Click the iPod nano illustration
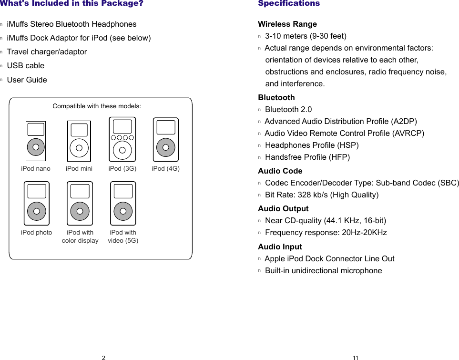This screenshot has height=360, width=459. coord(36,141)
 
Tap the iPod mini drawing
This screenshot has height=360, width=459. coord(79,141)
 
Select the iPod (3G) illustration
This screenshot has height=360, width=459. coord(122,139)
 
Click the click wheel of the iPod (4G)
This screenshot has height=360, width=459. coord(165,147)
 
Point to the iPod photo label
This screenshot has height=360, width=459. coord(37,233)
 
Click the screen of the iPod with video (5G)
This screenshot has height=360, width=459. coord(123,191)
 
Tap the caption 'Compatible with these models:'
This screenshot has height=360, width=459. coord(97,106)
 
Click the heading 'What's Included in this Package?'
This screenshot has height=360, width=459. coord(71,3)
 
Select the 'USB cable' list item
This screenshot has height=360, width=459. coord(26,66)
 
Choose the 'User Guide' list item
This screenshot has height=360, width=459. coord(27,80)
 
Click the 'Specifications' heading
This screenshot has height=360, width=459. coord(289,3)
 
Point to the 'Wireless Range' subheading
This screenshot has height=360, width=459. coord(287,24)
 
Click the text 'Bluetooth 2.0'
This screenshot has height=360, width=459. coord(288,110)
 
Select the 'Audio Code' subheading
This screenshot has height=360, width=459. coord(280,171)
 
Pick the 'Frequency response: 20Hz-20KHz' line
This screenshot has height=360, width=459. coord(326,233)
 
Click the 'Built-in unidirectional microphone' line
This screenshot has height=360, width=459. coord(324,271)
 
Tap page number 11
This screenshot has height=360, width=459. coord(356,358)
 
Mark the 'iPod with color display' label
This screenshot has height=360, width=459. coord(80,237)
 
